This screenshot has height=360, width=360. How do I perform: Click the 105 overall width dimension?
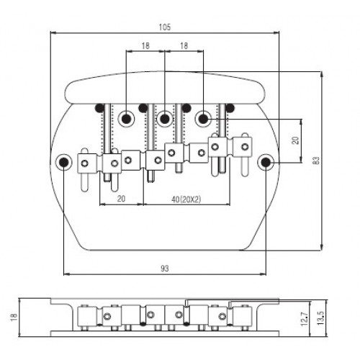point(165,27)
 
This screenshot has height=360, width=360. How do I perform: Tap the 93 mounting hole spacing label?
point(165,269)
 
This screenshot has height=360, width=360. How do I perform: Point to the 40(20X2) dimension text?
point(186,199)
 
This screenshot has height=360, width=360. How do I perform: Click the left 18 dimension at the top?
point(145,45)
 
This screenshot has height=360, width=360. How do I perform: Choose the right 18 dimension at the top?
point(184,45)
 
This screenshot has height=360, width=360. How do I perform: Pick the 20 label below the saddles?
point(121,199)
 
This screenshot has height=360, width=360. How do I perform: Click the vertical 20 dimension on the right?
point(295,140)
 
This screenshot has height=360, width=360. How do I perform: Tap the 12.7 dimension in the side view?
point(305,319)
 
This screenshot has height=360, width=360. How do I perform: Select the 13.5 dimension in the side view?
point(320,318)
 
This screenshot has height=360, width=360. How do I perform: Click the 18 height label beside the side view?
point(14,318)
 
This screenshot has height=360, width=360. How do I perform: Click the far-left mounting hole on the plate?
point(63,163)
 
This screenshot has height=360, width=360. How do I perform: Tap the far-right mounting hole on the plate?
point(266,163)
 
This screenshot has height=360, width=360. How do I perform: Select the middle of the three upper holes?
point(165,119)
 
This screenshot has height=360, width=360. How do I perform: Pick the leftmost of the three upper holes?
point(126,119)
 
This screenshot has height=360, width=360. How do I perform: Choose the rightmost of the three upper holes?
point(204,119)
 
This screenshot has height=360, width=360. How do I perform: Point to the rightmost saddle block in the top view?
point(243,146)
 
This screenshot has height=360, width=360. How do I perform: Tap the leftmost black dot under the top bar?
point(99,108)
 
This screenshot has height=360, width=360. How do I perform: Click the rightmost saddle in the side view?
point(243,316)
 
